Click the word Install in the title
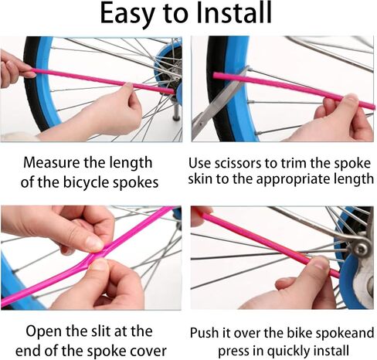234,13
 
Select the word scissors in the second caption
238,163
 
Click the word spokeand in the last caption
345,333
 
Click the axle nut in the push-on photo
361,249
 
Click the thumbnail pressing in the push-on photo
320,263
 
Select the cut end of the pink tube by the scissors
216,76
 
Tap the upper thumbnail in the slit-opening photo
94,243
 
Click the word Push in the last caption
205,333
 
